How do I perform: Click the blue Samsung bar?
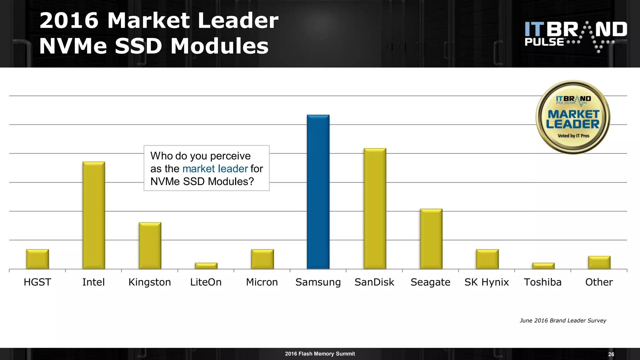[x=318, y=192]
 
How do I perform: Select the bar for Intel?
[x=94, y=215]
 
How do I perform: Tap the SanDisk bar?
[x=375, y=208]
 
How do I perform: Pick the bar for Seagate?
[x=431, y=239]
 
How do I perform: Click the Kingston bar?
[x=150, y=246]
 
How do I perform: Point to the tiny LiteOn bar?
[x=206, y=266]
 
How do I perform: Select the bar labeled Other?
[x=599, y=262]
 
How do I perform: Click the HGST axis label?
[x=37, y=282]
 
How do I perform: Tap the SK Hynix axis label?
[x=487, y=282]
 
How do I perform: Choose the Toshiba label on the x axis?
[x=542, y=282]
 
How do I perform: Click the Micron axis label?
[x=262, y=282]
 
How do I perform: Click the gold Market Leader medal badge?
[x=573, y=117]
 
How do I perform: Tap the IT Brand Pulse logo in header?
[x=575, y=36]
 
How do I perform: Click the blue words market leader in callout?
[x=215, y=169]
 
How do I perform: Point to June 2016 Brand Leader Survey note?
[x=563, y=321]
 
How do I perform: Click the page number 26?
[x=611, y=354]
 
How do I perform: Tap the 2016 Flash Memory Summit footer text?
[x=320, y=354]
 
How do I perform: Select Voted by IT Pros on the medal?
[x=573, y=136]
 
